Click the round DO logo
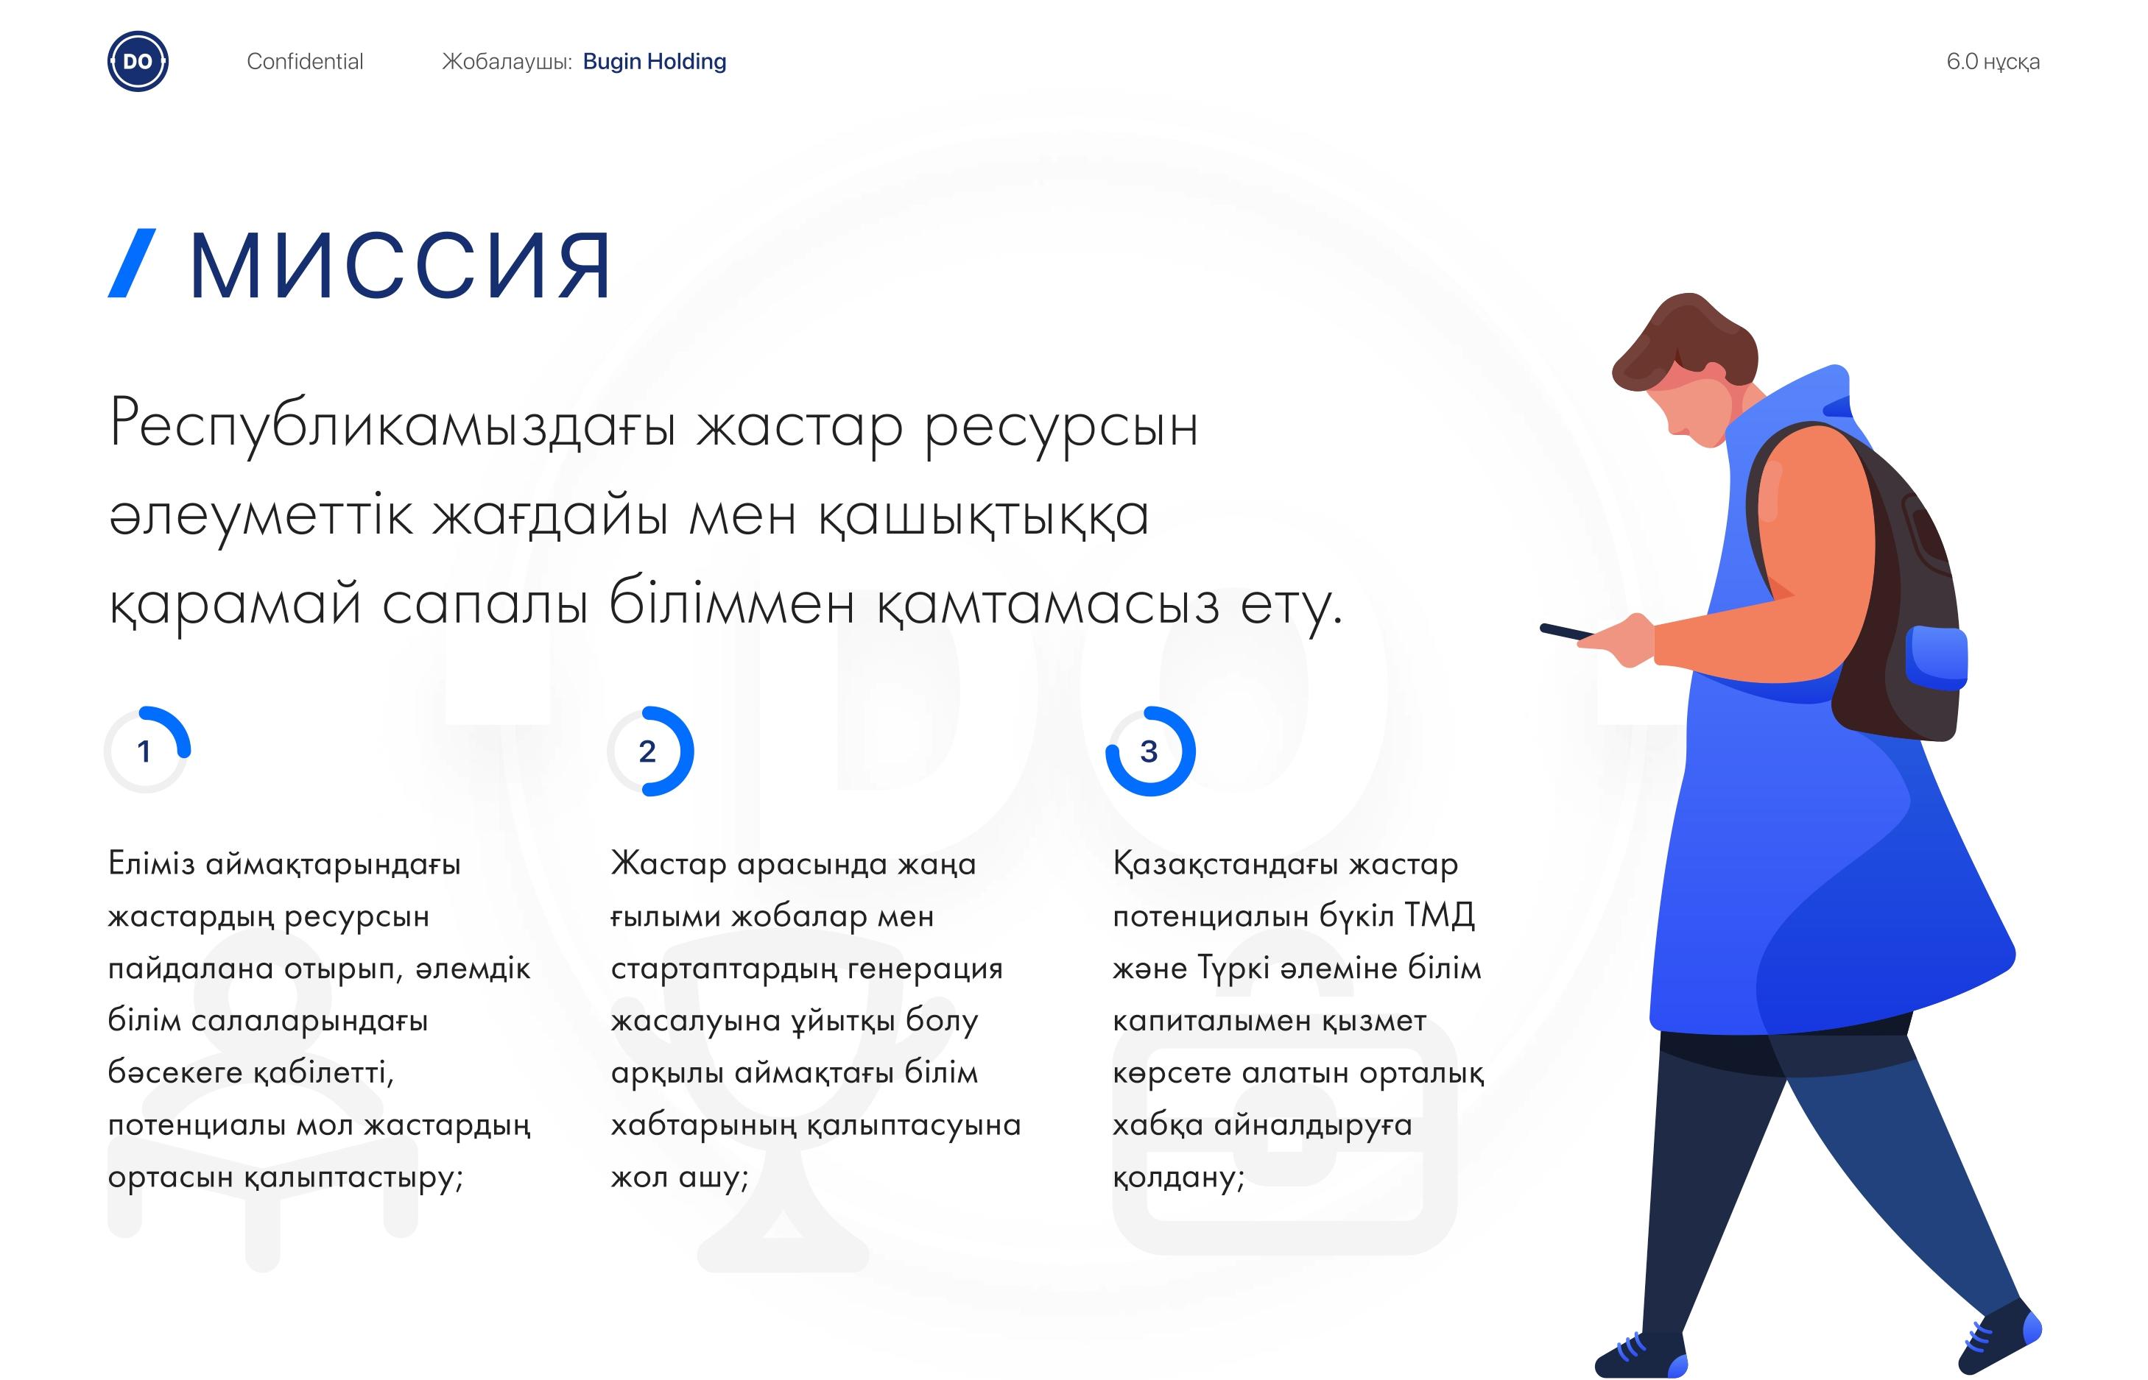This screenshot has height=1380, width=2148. tap(138, 61)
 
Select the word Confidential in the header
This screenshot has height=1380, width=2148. tap(305, 62)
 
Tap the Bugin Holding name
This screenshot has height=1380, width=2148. tap(655, 62)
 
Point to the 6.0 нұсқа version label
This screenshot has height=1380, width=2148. tap(1993, 62)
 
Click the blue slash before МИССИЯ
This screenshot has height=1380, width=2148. tap(132, 263)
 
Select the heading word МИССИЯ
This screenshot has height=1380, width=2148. tap(401, 264)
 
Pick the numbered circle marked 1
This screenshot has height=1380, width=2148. tap(148, 751)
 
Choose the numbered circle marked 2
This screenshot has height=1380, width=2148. tap(651, 751)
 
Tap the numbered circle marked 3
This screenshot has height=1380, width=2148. tap(1150, 751)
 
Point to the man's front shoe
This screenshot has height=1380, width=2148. tap(1641, 1356)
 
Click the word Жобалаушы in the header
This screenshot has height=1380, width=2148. tap(507, 62)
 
